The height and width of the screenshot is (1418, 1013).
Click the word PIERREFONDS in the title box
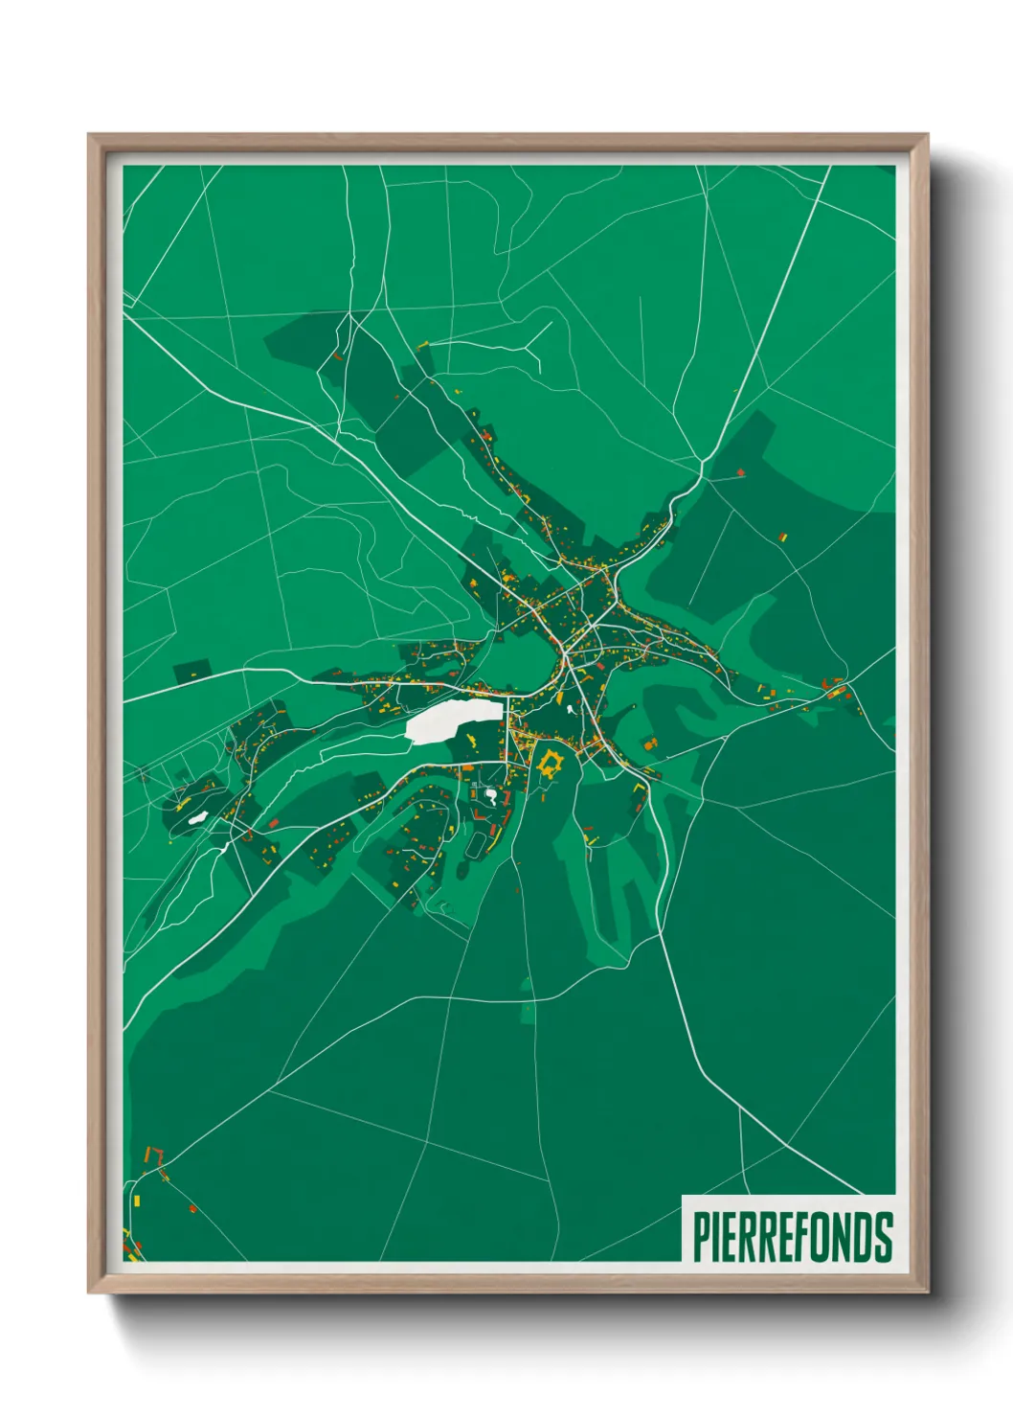[x=792, y=1237]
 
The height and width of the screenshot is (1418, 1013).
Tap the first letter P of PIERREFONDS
[x=700, y=1237]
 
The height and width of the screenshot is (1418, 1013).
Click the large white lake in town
[x=454, y=720]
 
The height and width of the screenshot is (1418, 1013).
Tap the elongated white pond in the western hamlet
[x=198, y=817]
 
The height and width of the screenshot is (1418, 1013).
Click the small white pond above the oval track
[x=491, y=794]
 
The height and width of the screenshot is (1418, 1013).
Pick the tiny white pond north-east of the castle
[x=572, y=710]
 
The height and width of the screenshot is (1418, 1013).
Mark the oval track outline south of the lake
[x=477, y=844]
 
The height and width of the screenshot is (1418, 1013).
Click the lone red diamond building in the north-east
[x=741, y=471]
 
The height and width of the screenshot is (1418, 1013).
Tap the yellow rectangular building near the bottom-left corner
[x=136, y=1200]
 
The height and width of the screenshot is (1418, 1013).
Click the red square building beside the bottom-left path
[x=192, y=1209]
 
